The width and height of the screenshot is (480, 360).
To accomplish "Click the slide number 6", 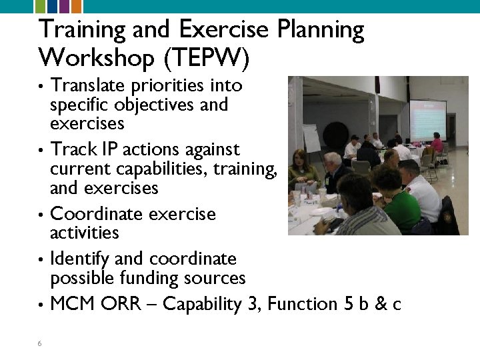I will click(40, 343).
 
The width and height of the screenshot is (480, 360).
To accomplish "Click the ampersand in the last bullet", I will click(381, 305).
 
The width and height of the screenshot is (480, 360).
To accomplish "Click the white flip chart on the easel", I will click(312, 137).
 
